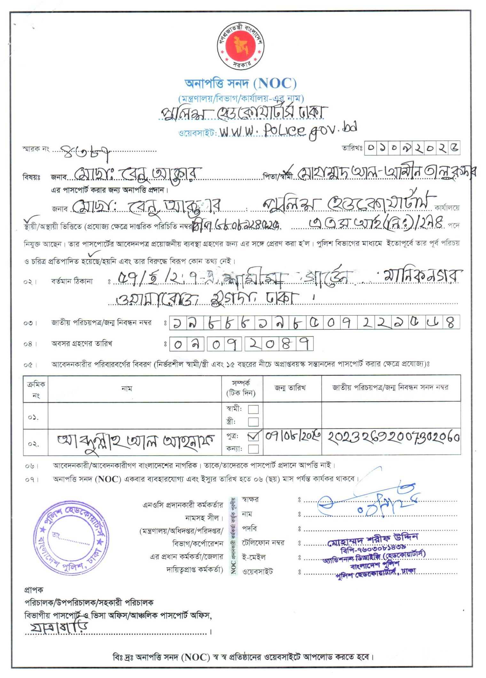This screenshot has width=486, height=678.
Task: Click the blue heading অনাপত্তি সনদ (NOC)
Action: [x=240, y=83]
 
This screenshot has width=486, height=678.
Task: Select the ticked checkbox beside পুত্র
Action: [x=253, y=436]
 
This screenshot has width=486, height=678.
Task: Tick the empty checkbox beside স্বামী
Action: [x=253, y=409]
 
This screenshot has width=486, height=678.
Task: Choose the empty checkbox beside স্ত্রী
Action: [x=253, y=422]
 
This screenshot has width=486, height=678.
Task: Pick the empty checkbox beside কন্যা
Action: [x=253, y=449]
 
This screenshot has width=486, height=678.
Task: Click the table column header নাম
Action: [x=127, y=388]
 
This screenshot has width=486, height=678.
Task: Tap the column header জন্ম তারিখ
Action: [x=290, y=388]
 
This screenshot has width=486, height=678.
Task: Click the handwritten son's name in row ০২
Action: [x=136, y=442]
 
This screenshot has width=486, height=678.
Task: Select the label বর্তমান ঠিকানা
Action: [x=72, y=281]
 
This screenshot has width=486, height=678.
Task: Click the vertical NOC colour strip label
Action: [x=234, y=536]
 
